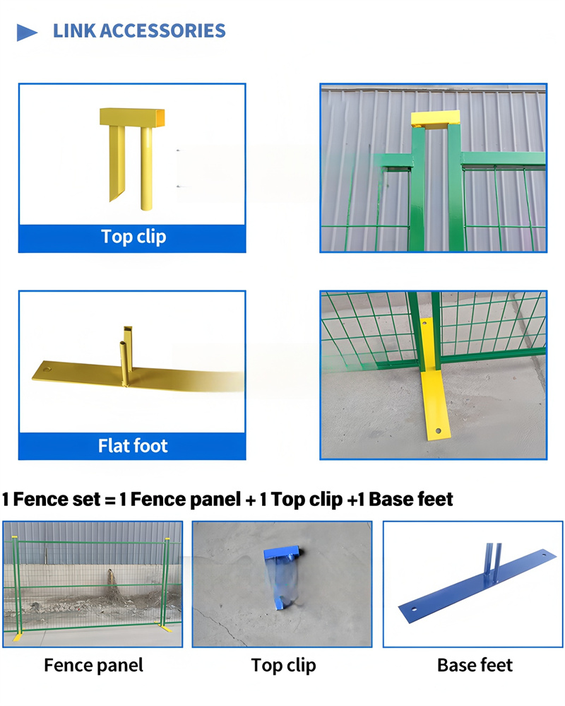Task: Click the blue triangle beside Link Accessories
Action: coord(27,32)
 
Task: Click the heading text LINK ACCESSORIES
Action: coord(139,31)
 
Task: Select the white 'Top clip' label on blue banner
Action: coord(133,236)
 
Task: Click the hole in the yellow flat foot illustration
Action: coord(47,369)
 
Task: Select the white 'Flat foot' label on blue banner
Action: coord(133,446)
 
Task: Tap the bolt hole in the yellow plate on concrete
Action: coord(438,429)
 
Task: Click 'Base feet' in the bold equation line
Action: coord(411,500)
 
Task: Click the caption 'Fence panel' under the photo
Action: coord(93,665)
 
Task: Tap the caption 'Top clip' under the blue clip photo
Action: coord(283,665)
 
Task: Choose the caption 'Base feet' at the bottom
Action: coord(475,665)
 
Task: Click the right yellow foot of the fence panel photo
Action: coord(167,629)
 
